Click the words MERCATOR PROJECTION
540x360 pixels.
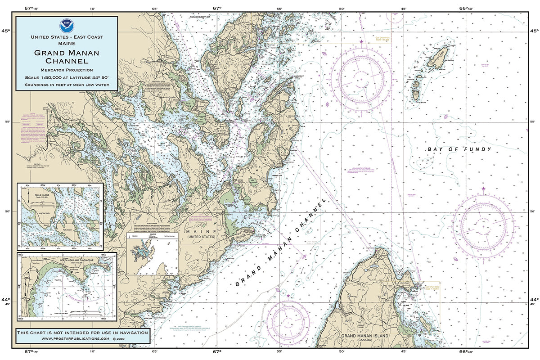tap(67, 70)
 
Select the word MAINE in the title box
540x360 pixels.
tap(67, 44)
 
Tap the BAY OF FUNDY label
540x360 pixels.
tap(459, 149)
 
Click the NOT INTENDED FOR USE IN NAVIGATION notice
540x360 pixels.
tap(82, 332)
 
